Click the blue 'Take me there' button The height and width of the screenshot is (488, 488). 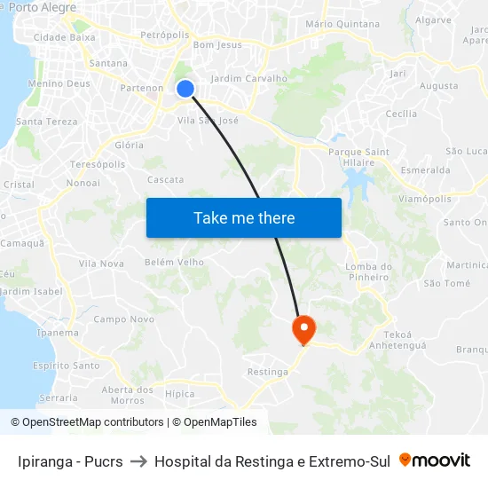pos(244,217)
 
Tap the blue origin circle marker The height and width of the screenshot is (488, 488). pos(185,88)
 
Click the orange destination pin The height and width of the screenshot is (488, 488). pos(303,329)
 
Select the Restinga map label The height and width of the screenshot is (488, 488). pos(268,372)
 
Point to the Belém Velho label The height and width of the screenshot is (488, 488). pos(174,262)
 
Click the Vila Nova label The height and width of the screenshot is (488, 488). pos(101,264)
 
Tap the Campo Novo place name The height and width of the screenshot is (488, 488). pos(123,319)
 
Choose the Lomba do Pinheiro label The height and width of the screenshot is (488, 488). pos(368,272)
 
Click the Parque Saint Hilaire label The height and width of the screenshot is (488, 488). pos(358,157)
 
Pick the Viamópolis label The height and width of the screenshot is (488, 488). pos(425,199)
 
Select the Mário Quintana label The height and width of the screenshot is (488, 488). pos(342,24)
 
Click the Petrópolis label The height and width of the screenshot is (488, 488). pos(165,35)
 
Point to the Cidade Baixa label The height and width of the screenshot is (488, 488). pos(64,37)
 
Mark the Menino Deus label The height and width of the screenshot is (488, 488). pos(59,83)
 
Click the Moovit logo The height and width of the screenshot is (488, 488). pos(435,460)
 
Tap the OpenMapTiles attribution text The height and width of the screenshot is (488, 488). pos(214,422)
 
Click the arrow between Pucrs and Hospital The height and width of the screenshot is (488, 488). pos(138,461)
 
